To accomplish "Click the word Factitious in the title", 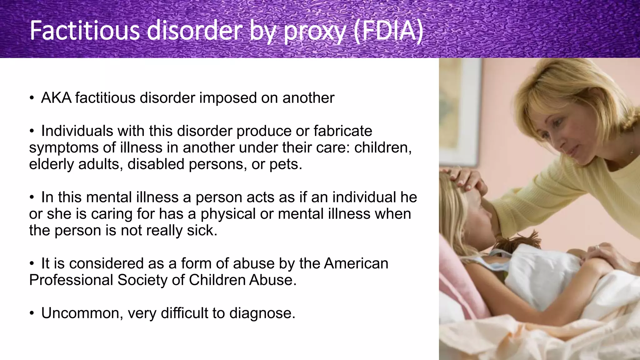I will tap(85, 31).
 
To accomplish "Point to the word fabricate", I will tap(343, 131).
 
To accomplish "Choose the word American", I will tap(356, 263).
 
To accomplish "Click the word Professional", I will tap(71, 280).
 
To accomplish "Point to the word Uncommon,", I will tap(82, 313).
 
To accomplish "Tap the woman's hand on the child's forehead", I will tap(466, 181).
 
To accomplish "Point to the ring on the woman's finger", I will tap(597, 247).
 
